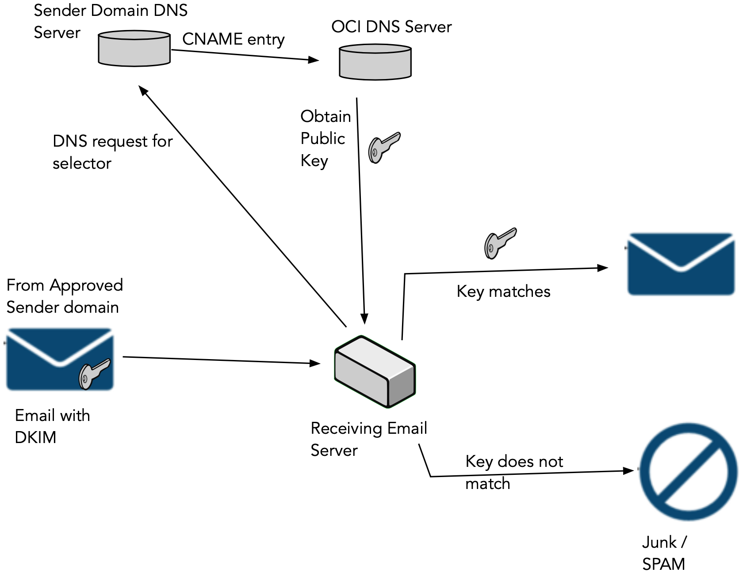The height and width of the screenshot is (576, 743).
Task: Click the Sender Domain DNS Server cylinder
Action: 134,49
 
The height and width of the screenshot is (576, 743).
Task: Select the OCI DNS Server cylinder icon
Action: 375,62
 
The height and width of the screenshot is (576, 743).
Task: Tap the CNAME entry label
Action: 233,39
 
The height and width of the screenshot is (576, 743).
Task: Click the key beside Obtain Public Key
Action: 383,147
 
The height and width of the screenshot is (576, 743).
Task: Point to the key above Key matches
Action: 500,243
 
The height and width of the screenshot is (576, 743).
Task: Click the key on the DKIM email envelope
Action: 94,374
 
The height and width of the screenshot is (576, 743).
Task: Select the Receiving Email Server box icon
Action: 375,371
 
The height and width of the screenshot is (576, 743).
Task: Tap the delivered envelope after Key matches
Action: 681,264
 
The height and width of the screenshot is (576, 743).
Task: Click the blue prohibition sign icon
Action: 688,472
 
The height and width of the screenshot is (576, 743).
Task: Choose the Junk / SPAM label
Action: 664,553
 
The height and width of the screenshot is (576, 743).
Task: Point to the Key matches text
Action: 503,292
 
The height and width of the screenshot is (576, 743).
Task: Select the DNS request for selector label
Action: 112,152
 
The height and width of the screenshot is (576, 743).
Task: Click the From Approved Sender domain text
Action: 64,296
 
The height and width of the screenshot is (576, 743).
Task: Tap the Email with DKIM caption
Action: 52,426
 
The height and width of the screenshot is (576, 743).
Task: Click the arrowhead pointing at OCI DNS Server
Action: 314,60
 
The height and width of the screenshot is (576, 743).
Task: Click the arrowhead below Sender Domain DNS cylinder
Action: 143,90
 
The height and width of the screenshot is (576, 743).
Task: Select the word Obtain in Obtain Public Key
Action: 326,117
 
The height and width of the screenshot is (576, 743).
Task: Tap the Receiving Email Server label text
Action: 368,439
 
